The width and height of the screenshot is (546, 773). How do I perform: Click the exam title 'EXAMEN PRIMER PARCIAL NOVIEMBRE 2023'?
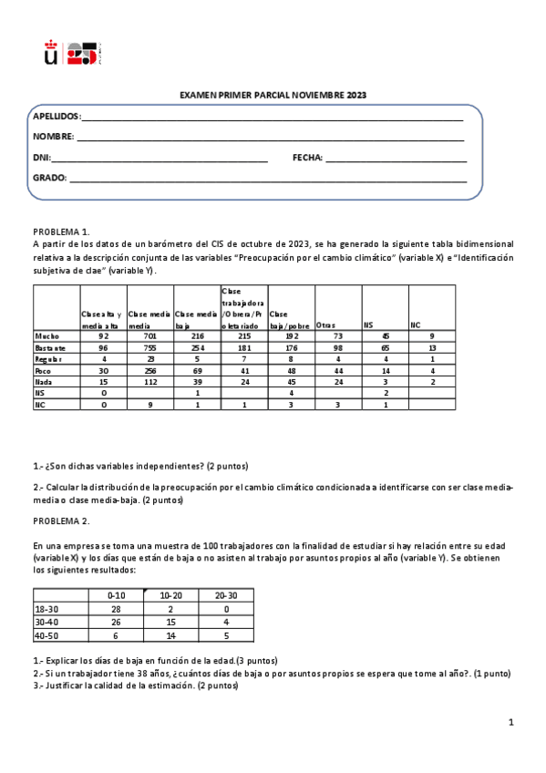[273, 96]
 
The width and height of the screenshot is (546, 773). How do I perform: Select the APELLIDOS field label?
[57, 117]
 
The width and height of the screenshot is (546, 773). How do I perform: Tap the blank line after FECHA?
[396, 158]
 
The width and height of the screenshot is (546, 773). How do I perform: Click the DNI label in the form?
[42, 158]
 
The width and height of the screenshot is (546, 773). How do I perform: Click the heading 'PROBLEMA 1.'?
[61, 232]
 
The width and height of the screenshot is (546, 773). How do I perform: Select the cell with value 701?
[149, 336]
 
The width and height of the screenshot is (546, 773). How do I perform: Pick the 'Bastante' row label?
[50, 347]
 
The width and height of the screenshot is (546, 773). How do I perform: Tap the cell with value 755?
[149, 347]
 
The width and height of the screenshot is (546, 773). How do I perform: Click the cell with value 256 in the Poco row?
[149, 371]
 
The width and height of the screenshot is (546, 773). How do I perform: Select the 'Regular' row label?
[49, 359]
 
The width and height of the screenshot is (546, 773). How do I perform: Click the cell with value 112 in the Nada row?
[149, 383]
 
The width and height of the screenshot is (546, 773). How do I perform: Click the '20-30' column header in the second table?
[226, 594]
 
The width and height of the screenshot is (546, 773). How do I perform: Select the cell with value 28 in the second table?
[115, 607]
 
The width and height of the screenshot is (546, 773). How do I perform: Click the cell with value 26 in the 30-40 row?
[115, 622]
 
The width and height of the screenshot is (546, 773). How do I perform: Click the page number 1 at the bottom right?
[511, 723]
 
